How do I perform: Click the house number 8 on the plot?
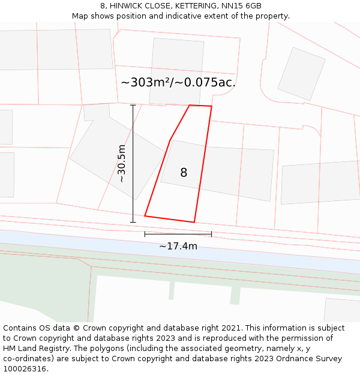(x=184, y=173)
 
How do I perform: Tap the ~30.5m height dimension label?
(x=121, y=163)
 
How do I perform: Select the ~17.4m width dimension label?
(x=178, y=246)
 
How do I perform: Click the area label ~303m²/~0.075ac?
(x=178, y=82)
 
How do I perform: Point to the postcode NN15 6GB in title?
(x=241, y=6)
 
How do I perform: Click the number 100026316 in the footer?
(x=24, y=369)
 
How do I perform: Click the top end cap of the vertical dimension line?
(x=133, y=105)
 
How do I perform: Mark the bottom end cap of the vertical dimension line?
(x=133, y=222)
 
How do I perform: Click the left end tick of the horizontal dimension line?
(x=145, y=234)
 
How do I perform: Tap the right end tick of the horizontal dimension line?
(x=212, y=234)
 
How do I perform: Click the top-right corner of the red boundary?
(x=212, y=107)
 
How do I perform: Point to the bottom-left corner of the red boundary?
(x=145, y=216)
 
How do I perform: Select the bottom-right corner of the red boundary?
(x=194, y=223)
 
